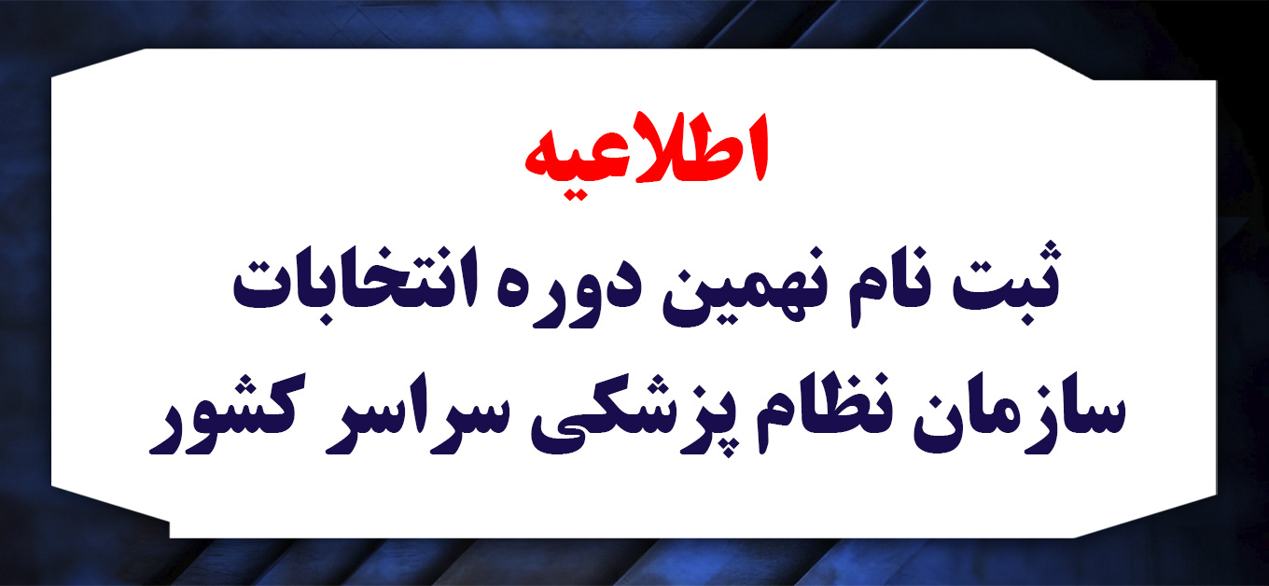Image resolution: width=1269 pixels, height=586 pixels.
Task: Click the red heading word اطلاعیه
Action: point(647,157)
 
